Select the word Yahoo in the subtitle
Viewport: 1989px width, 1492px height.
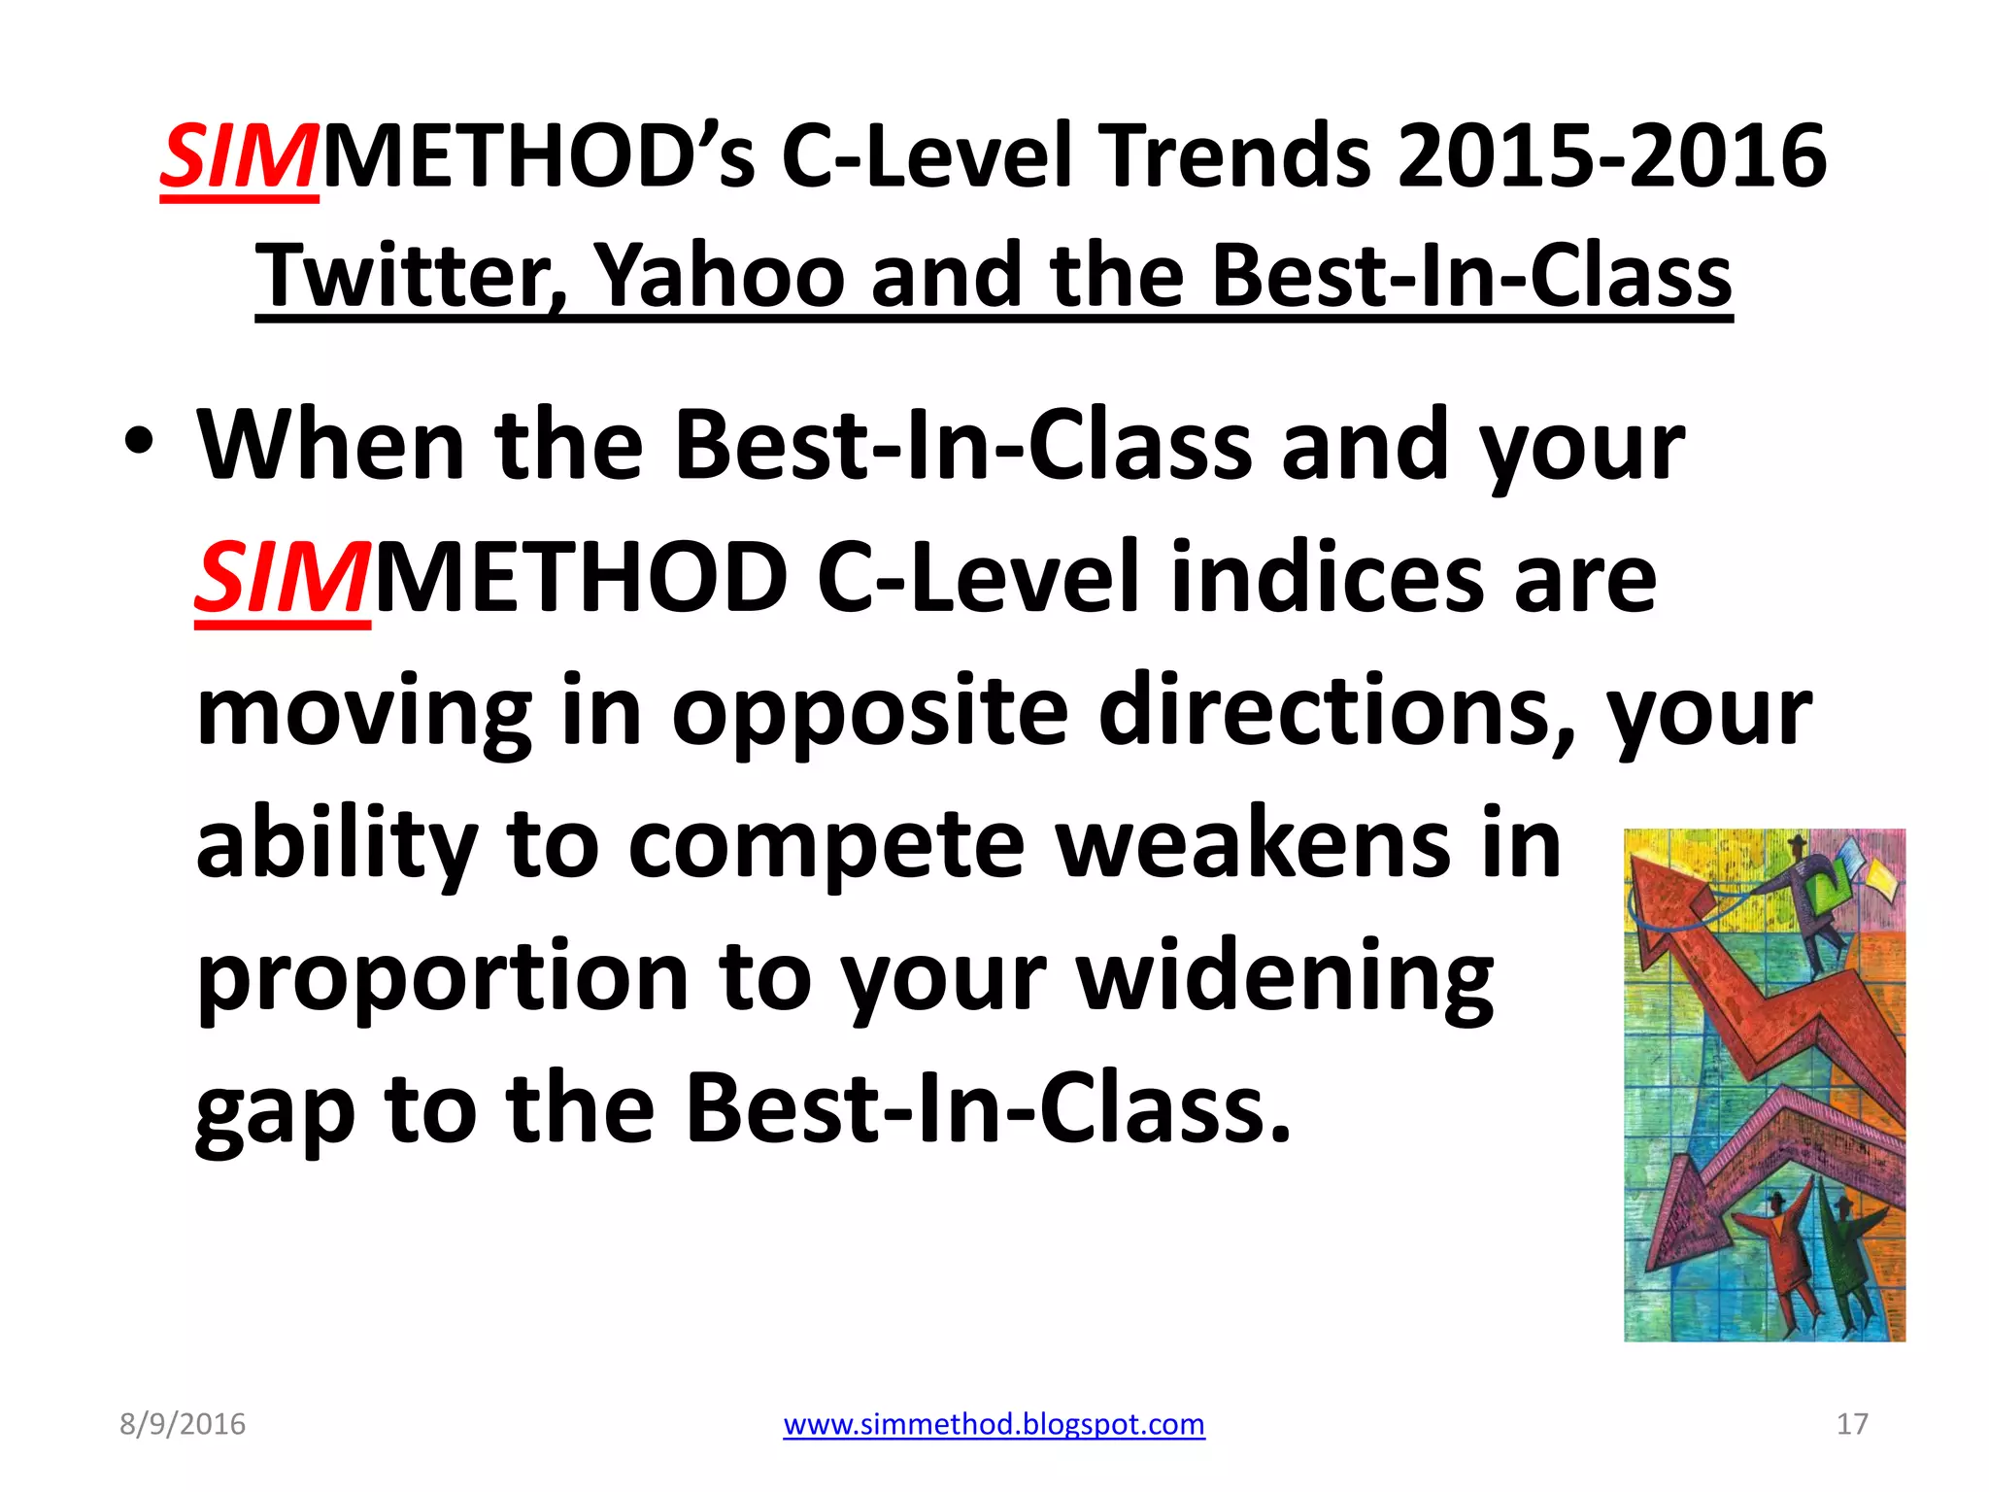[x=719, y=276]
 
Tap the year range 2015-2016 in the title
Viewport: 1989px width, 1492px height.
[x=1611, y=156]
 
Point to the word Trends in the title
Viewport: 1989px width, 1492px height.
[x=1238, y=156]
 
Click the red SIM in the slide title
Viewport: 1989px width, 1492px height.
[x=240, y=157]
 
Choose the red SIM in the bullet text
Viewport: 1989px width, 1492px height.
[x=283, y=580]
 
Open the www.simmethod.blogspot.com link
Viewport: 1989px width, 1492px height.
[x=994, y=1424]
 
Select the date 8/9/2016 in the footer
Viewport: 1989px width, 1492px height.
[x=183, y=1424]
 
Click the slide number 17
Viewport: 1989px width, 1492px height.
[x=1852, y=1424]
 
